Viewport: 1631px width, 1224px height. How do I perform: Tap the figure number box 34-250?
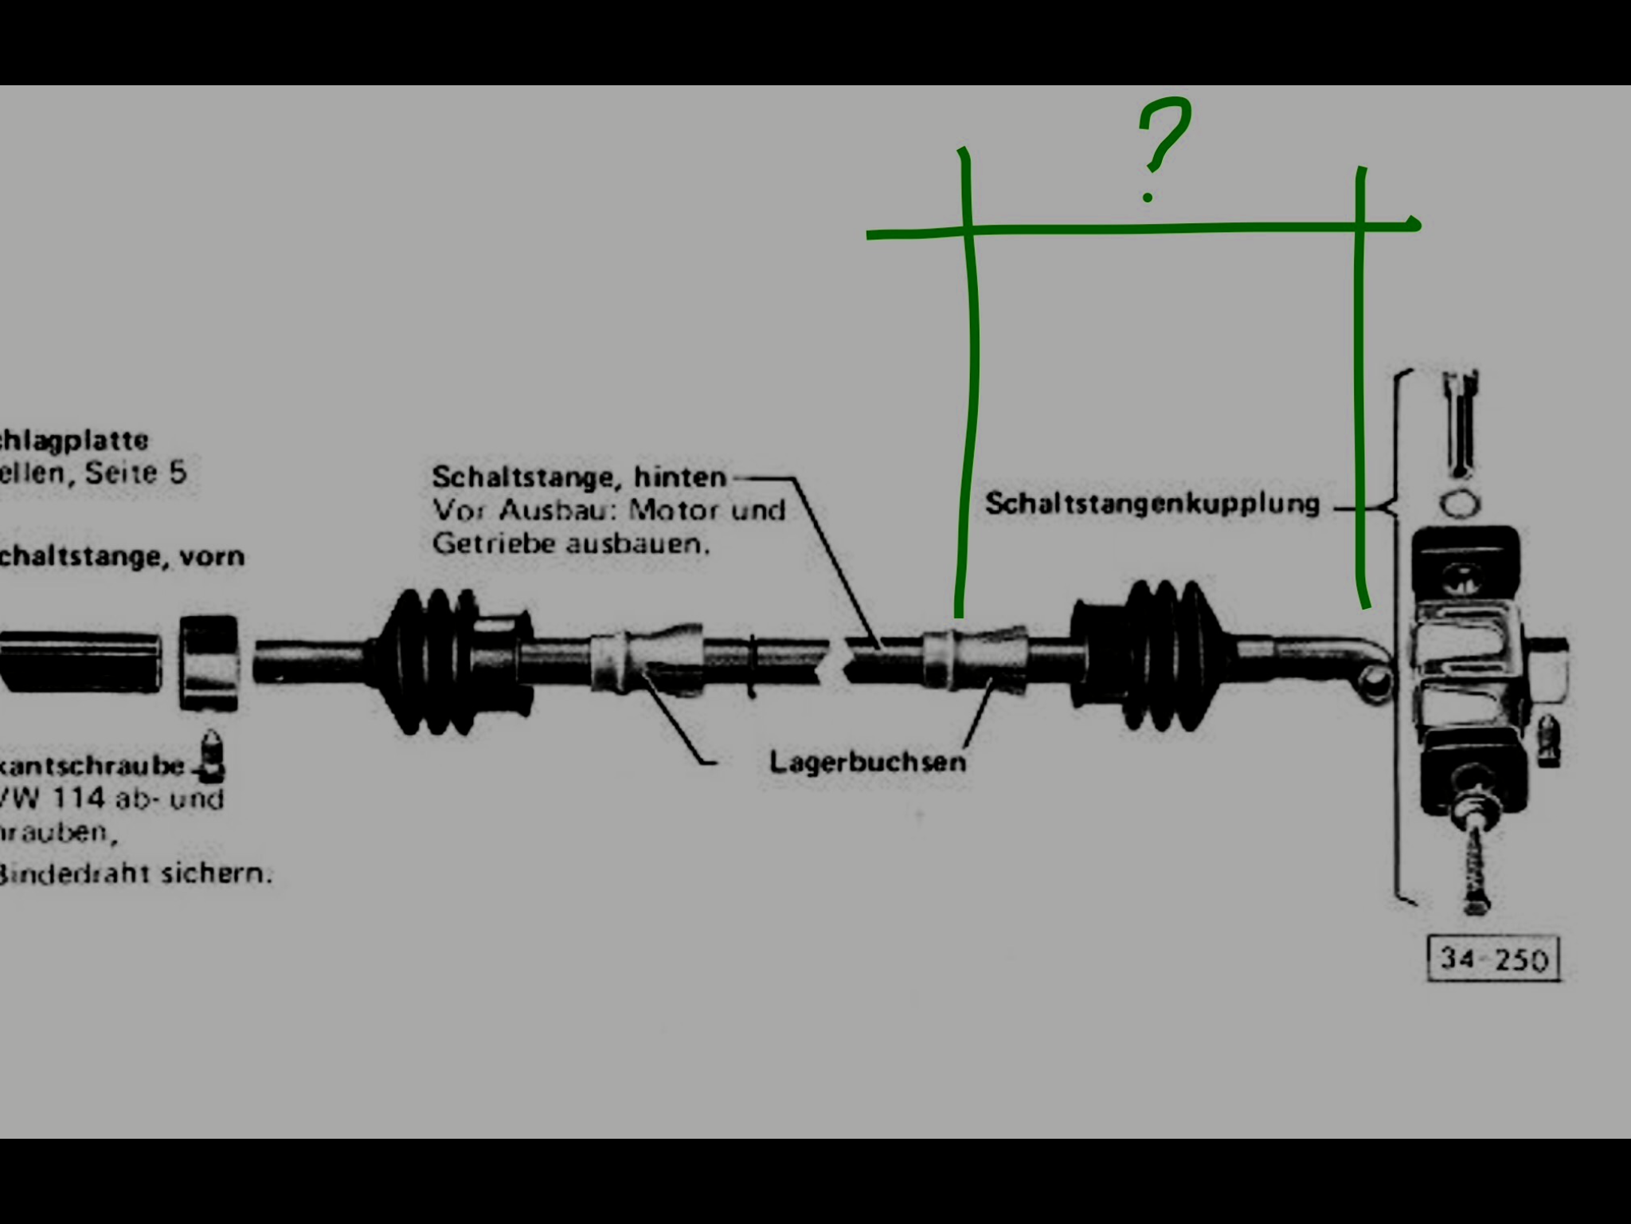[1493, 959]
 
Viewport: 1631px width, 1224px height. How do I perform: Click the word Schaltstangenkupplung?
[1152, 504]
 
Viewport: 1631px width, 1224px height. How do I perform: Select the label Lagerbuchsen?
[867, 762]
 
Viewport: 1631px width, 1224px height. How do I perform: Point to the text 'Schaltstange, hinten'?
[579, 477]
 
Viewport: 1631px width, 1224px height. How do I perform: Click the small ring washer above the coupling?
[1459, 504]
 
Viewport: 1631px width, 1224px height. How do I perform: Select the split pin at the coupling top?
[1461, 422]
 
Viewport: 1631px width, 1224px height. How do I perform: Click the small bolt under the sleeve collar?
[211, 753]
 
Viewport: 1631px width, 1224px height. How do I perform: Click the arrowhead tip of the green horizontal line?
[1416, 224]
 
